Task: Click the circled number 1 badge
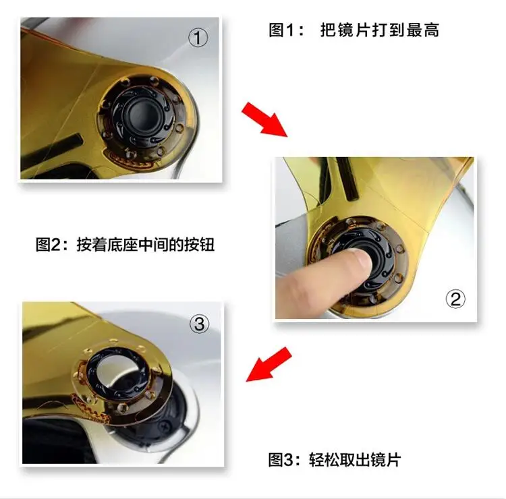tap(198, 38)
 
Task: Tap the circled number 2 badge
tap(455, 299)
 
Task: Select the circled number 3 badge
tap(199, 324)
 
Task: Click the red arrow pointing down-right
tap(264, 119)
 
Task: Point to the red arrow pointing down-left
tap(269, 365)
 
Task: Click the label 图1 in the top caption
tap(281, 30)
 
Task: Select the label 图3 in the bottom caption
tap(281, 459)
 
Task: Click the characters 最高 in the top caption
tap(423, 30)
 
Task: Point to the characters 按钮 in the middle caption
tap(200, 244)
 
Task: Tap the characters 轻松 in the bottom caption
tap(324, 459)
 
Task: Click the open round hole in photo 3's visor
tap(117, 368)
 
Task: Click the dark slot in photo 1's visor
tap(52, 149)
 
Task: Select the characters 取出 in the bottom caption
tap(355, 459)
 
